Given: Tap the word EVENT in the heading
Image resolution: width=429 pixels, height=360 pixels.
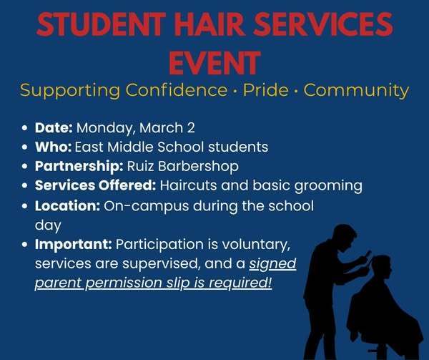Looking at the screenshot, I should click(214, 63).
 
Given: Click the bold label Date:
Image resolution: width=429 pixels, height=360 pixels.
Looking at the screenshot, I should click(54, 128).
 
